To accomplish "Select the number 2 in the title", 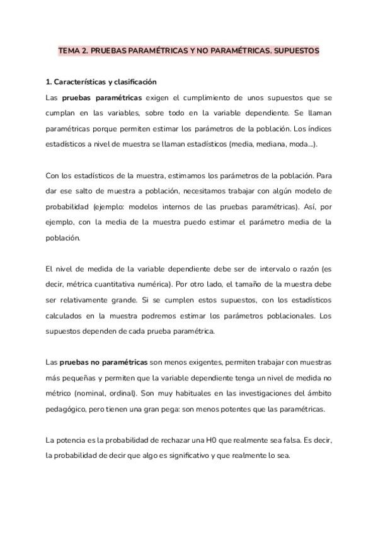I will [x=85, y=50].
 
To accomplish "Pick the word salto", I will [x=87, y=191].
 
